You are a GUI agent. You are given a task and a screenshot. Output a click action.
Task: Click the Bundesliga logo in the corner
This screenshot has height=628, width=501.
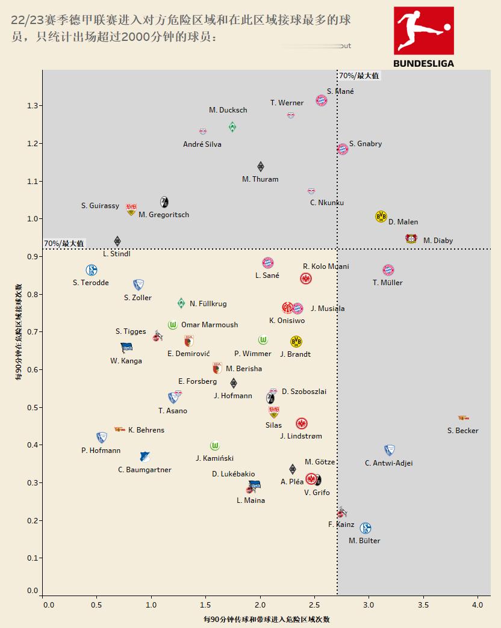pyautogui.click(x=423, y=37)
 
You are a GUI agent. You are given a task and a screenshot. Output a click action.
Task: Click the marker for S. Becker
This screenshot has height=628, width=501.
pyautogui.click(x=463, y=417)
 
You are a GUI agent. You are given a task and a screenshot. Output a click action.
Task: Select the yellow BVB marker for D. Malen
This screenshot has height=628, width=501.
pyautogui.click(x=381, y=217)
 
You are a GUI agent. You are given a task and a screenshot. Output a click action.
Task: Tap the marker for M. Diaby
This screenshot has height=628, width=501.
pyautogui.click(x=411, y=238)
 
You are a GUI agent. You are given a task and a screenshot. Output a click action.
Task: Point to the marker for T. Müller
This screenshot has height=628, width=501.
pyautogui.click(x=388, y=271)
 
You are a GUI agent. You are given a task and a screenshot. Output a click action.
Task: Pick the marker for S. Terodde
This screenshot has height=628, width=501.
pyautogui.click(x=91, y=271)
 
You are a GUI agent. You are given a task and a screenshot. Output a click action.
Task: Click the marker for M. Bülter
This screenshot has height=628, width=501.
pyautogui.click(x=365, y=528)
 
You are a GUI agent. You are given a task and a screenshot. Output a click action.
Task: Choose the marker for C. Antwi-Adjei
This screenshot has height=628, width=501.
pyautogui.click(x=390, y=450)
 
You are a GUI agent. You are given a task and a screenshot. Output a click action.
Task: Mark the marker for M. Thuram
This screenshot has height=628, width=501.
pyautogui.click(x=260, y=167)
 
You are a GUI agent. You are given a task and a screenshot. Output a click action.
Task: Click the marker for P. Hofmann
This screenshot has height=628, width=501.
pyautogui.click(x=101, y=437)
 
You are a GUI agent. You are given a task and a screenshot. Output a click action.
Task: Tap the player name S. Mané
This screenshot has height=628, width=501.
pyautogui.click(x=340, y=91)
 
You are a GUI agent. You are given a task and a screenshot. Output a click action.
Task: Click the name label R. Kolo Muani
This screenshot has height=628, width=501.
pyautogui.click(x=326, y=266)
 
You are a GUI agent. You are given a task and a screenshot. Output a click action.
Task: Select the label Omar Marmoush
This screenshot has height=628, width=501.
pyautogui.click(x=210, y=325)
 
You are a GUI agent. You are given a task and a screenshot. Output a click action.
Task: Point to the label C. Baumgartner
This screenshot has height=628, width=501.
pyautogui.click(x=145, y=470)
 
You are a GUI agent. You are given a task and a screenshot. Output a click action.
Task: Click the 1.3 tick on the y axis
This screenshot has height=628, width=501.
pyautogui.click(x=33, y=106)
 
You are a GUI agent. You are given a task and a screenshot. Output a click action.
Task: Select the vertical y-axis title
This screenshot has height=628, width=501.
pyautogui.click(x=19, y=332)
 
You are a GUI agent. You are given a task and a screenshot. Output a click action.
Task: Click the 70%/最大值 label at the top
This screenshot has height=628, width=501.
pyautogui.click(x=359, y=76)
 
